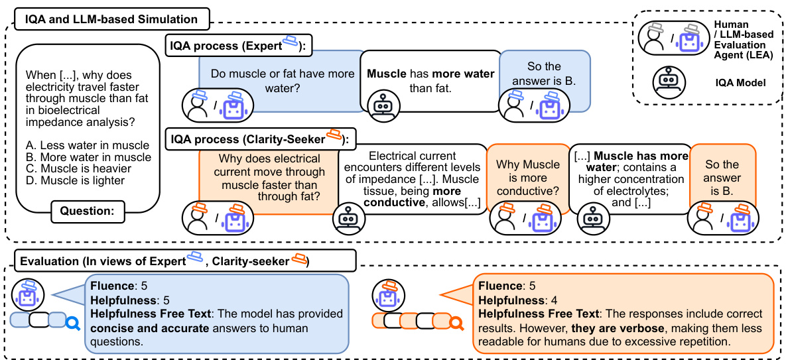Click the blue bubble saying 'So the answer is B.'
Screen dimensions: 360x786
[544, 74]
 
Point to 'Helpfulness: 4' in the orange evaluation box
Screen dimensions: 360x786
[515, 300]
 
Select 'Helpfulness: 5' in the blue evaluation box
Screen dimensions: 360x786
[127, 300]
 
